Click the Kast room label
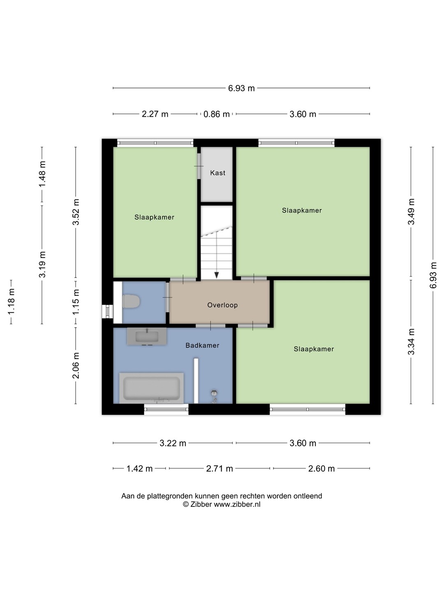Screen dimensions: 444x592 tap(217, 173)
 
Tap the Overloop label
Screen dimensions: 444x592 tap(222, 305)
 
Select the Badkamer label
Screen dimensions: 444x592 tap(202, 345)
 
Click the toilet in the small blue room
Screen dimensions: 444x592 tap(131, 301)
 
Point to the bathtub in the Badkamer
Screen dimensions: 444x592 tap(152, 388)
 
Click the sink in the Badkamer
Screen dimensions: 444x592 tap(147, 336)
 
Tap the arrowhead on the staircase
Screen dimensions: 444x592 tap(217, 275)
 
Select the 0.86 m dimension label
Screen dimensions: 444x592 tap(217, 114)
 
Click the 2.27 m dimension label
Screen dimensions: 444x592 tap(155, 114)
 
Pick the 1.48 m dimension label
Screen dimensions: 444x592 tap(42, 174)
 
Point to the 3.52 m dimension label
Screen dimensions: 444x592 tap(76, 212)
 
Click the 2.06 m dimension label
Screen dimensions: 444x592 tap(76, 365)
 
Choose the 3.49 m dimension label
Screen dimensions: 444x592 tap(411, 212)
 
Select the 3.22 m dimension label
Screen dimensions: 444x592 tap(173, 443)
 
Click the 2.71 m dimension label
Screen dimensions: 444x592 tap(220, 469)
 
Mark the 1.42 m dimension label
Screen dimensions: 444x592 tap(140, 469)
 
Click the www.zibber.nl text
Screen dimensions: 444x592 tap(237, 504)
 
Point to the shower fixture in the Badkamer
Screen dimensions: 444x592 tap(214, 396)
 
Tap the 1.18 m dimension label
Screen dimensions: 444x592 tap(12, 301)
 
